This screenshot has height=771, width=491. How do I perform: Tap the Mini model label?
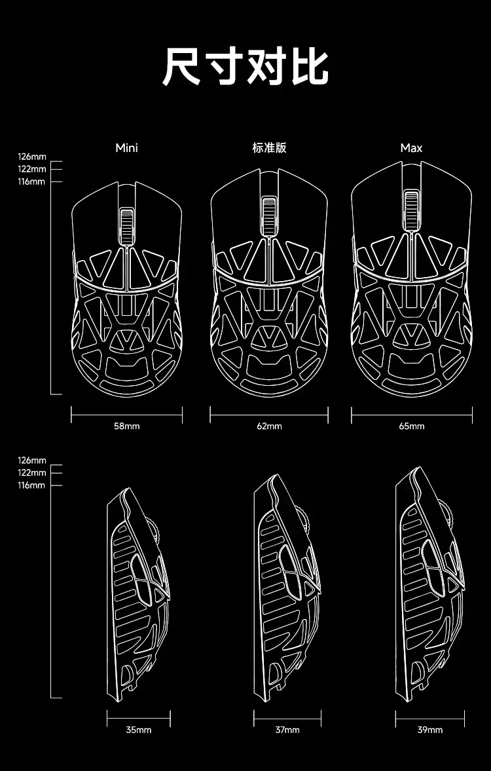[x=127, y=148]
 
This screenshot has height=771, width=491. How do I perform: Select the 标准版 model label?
[x=269, y=148]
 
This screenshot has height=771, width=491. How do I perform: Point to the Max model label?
[x=411, y=148]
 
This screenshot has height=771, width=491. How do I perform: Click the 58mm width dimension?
[x=127, y=426]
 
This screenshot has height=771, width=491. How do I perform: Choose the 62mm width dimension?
[x=269, y=426]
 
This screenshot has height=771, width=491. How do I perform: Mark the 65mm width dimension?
[x=412, y=426]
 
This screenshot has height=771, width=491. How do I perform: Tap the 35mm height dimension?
[x=139, y=730]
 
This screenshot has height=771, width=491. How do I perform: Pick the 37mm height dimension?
[x=287, y=730]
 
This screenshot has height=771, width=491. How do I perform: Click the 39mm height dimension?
[x=430, y=730]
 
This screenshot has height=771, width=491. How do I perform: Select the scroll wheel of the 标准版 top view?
[x=269, y=215]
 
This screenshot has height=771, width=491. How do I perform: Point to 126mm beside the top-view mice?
[x=32, y=157]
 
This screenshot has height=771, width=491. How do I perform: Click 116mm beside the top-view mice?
[x=32, y=181]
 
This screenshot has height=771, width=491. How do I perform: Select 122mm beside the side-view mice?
[x=32, y=473]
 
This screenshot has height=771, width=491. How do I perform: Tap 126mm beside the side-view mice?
[x=32, y=461]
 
